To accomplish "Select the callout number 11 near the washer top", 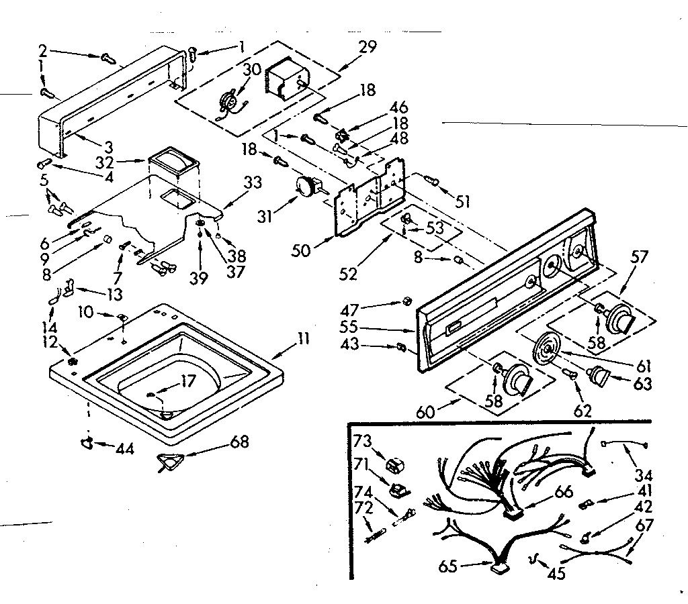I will (x=303, y=339).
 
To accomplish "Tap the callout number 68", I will (x=239, y=442).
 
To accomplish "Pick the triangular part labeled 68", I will (x=170, y=462).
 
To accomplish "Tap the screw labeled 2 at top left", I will (x=107, y=59).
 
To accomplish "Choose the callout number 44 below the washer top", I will (x=124, y=448).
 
